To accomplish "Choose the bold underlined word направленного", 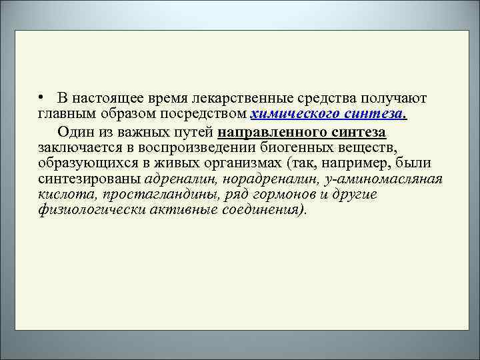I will point(268,130).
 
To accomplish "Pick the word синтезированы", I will point(89,179).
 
